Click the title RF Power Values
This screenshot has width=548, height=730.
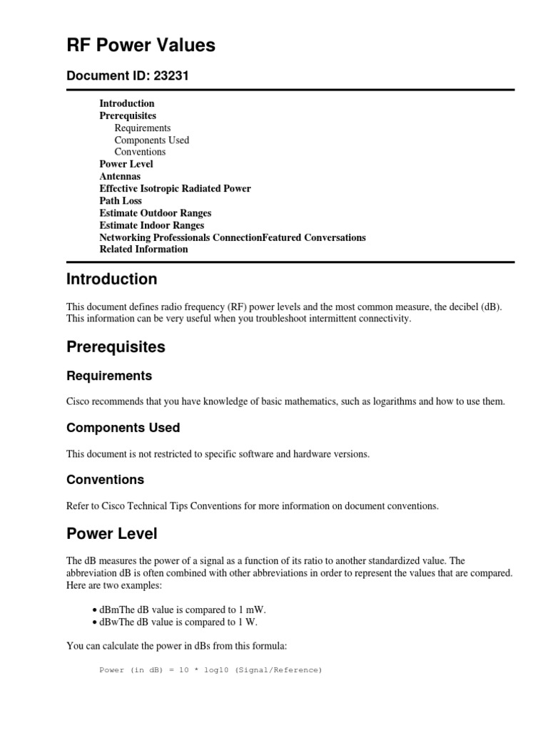tap(141, 46)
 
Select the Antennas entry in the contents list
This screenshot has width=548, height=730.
tap(120, 176)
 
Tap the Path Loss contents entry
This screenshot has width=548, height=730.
tap(121, 200)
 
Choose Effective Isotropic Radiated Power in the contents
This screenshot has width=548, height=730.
tap(175, 188)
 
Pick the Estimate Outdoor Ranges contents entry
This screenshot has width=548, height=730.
tap(155, 212)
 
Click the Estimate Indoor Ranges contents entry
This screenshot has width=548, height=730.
tap(151, 225)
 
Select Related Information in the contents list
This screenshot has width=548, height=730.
tap(143, 249)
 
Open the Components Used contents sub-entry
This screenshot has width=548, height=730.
tap(151, 140)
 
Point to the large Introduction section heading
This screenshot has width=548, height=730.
tap(111, 279)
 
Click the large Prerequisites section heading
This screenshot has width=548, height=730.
tap(116, 347)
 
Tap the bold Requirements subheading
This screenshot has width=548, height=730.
tap(108, 376)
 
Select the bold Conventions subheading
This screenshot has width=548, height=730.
tap(105, 480)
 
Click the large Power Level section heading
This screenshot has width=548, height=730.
tap(111, 533)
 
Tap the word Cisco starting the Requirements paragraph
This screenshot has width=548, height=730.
tap(80, 401)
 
